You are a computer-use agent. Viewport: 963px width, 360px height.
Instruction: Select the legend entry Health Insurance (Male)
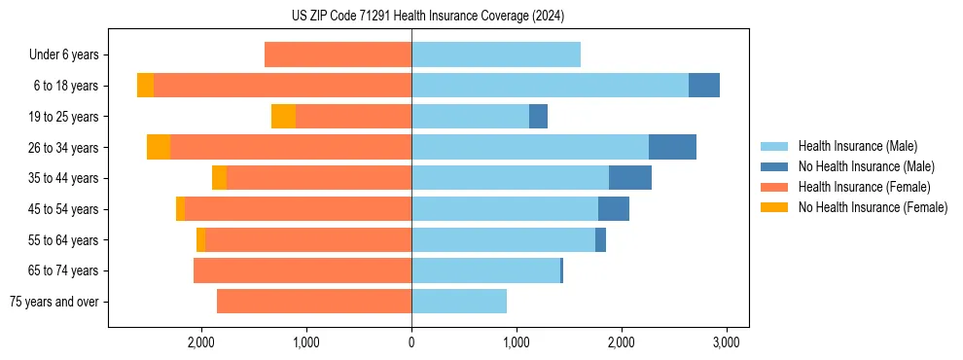[857, 146]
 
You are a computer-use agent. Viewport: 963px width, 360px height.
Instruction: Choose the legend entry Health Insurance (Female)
[864, 187]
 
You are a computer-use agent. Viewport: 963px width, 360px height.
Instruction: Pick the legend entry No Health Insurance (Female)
[873, 207]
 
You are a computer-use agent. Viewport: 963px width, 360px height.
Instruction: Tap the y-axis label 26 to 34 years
[64, 148]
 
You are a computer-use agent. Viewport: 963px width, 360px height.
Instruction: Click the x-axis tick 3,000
[726, 342]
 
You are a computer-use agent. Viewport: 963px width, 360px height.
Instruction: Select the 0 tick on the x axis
[411, 342]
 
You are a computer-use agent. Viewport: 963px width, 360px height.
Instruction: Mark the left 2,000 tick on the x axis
[201, 342]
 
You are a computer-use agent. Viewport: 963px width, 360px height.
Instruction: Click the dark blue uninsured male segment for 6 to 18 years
[704, 86]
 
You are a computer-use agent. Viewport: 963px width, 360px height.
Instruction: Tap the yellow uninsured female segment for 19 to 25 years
[283, 117]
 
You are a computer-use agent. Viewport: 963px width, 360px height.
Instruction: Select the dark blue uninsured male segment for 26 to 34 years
[672, 147]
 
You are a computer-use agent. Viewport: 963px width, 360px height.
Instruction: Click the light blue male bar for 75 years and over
[459, 302]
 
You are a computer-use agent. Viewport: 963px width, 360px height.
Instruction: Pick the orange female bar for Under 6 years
[338, 55]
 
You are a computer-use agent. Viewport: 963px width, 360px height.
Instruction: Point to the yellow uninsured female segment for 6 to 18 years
[145, 86]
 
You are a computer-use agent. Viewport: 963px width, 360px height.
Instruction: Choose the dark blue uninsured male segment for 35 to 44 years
[630, 178]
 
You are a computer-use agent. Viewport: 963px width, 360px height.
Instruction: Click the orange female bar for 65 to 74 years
[303, 270]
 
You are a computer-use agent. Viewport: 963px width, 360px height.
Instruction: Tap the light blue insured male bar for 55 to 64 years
[503, 239]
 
